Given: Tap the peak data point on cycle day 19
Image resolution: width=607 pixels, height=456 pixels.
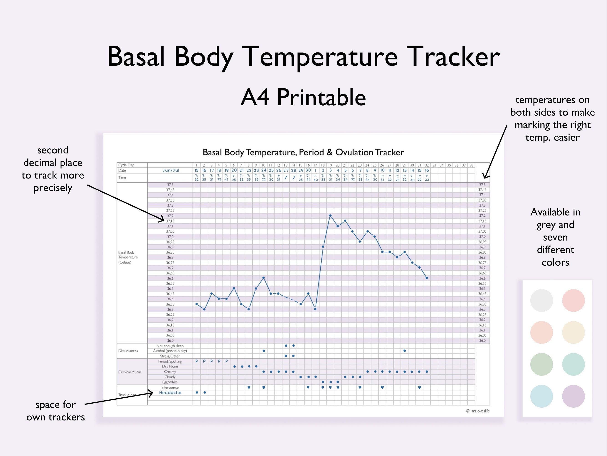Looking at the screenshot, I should click(x=330, y=216).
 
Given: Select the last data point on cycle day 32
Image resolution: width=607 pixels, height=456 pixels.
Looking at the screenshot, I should click(x=427, y=278).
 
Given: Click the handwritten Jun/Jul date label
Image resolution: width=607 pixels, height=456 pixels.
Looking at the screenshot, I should click(x=171, y=170).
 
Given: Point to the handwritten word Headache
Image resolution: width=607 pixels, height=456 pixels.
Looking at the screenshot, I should click(x=170, y=393).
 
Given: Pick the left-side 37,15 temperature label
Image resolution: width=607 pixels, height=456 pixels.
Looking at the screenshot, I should click(x=170, y=221).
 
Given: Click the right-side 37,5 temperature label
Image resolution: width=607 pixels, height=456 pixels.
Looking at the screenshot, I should click(x=482, y=185).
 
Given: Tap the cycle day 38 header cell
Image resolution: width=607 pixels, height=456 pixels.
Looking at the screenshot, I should click(x=471, y=165).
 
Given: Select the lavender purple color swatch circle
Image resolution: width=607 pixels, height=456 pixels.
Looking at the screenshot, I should click(x=573, y=396).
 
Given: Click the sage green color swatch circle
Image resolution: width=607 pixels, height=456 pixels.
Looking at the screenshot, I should click(x=541, y=364).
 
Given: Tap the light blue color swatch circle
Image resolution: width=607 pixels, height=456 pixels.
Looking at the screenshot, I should click(x=541, y=396).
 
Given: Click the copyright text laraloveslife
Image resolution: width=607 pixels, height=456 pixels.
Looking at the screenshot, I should click(x=478, y=411).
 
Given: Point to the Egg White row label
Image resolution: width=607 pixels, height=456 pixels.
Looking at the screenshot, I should click(x=170, y=382).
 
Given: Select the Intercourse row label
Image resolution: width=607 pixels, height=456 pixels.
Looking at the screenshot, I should click(x=170, y=388).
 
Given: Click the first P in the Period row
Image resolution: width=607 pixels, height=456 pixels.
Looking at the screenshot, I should click(x=197, y=361).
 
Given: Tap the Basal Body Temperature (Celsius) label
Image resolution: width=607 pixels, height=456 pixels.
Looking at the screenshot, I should click(x=128, y=257).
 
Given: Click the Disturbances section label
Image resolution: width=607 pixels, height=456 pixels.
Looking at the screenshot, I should click(x=128, y=351).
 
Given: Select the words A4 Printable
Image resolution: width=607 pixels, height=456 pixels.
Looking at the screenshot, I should click(x=303, y=98).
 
